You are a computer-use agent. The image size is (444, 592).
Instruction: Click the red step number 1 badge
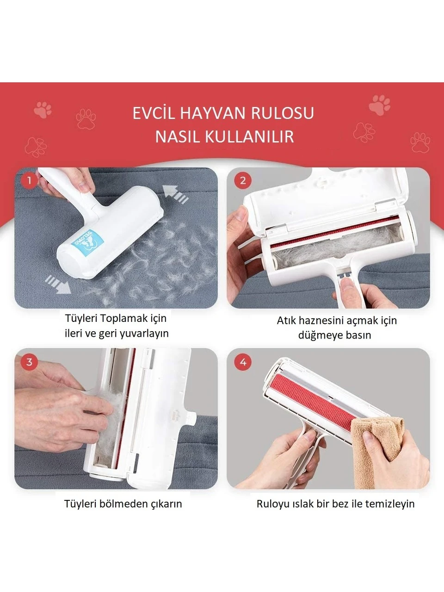29,180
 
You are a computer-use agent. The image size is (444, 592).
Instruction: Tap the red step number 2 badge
243,180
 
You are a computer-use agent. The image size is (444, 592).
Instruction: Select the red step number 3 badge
29,362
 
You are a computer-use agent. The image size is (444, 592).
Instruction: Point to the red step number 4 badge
243,362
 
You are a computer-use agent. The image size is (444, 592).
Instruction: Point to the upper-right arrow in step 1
175,194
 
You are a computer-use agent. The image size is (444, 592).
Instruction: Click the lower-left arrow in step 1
58,284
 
